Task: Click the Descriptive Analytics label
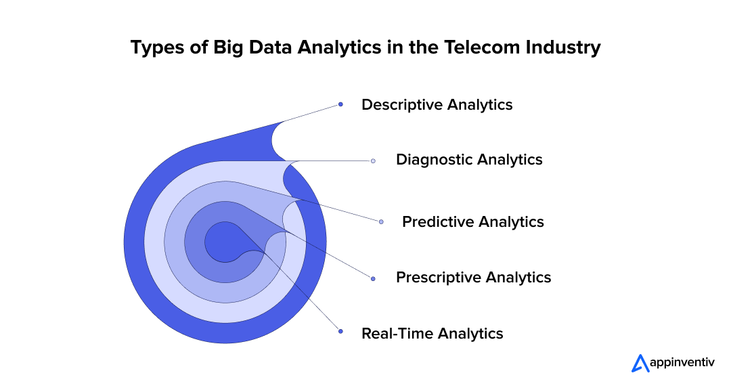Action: click(437, 105)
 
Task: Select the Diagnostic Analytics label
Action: click(469, 160)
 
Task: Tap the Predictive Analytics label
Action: click(472, 222)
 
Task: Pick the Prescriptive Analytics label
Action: click(473, 278)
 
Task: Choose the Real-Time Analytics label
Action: click(432, 333)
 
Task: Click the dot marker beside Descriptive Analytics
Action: click(340, 104)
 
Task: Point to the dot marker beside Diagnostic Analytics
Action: click(373, 161)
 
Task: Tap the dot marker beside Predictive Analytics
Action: click(381, 222)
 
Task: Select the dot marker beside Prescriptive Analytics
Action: click(373, 278)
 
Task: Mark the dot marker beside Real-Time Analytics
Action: click(340, 332)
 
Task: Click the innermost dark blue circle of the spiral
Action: click(220, 242)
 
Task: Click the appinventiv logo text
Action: click(680, 363)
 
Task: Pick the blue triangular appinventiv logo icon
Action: click(640, 364)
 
